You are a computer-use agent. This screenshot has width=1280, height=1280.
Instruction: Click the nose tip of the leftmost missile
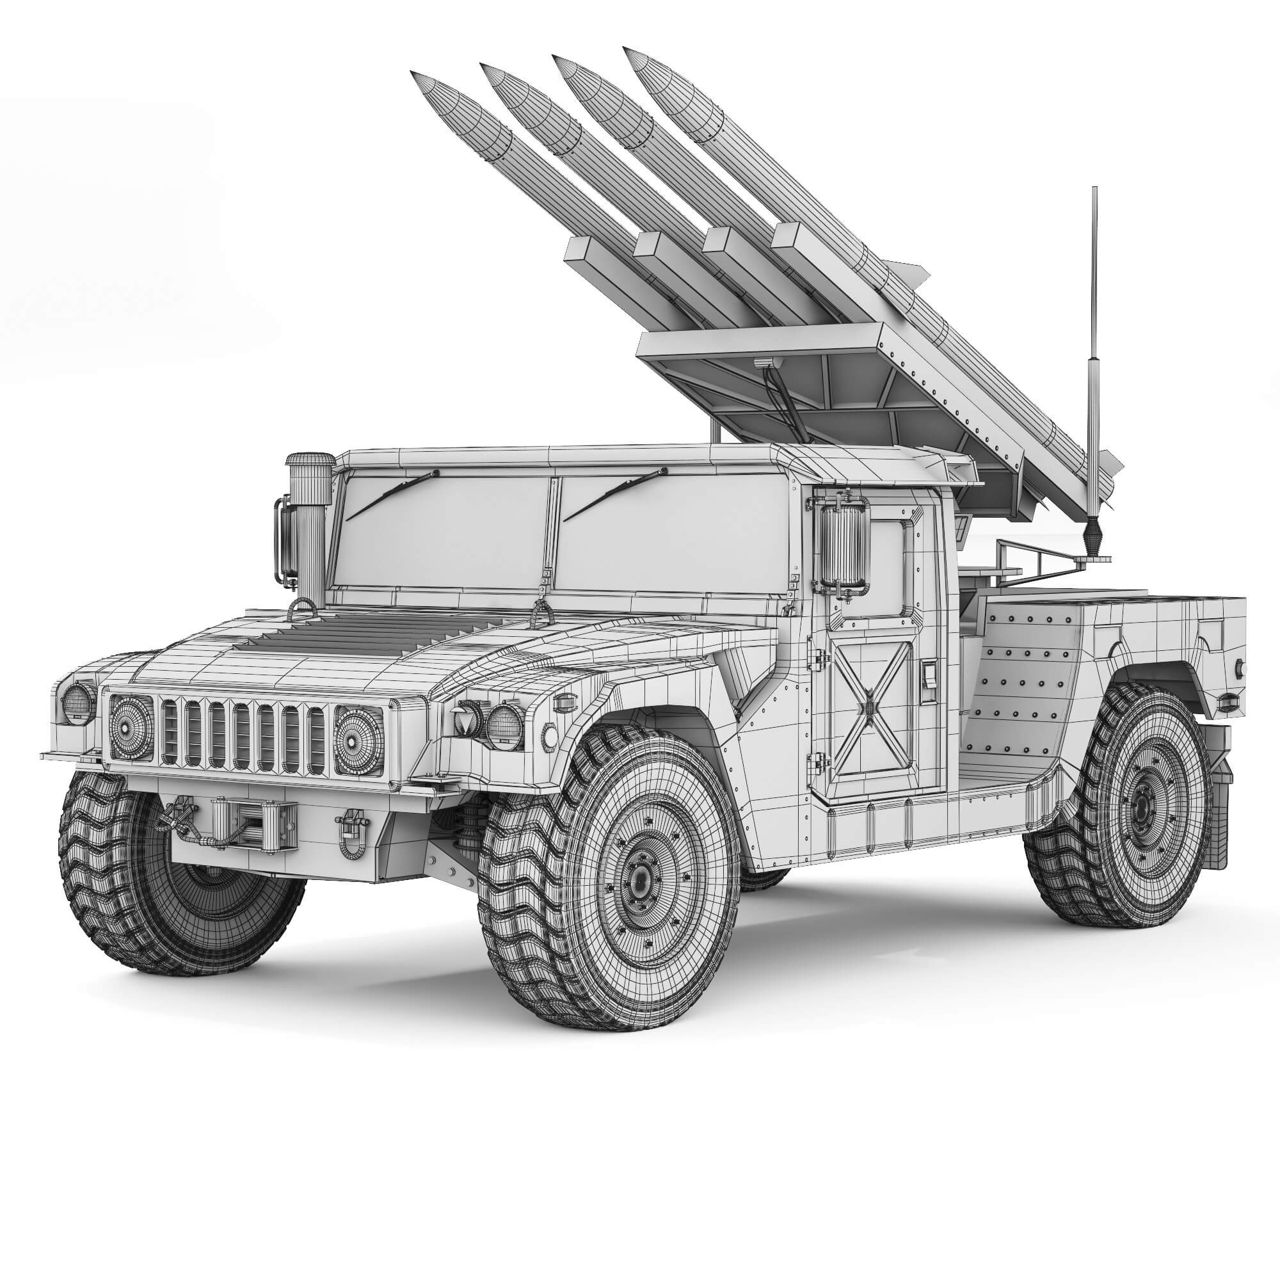[x=413, y=72]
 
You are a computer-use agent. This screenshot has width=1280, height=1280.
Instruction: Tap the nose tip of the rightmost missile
[x=625, y=49]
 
